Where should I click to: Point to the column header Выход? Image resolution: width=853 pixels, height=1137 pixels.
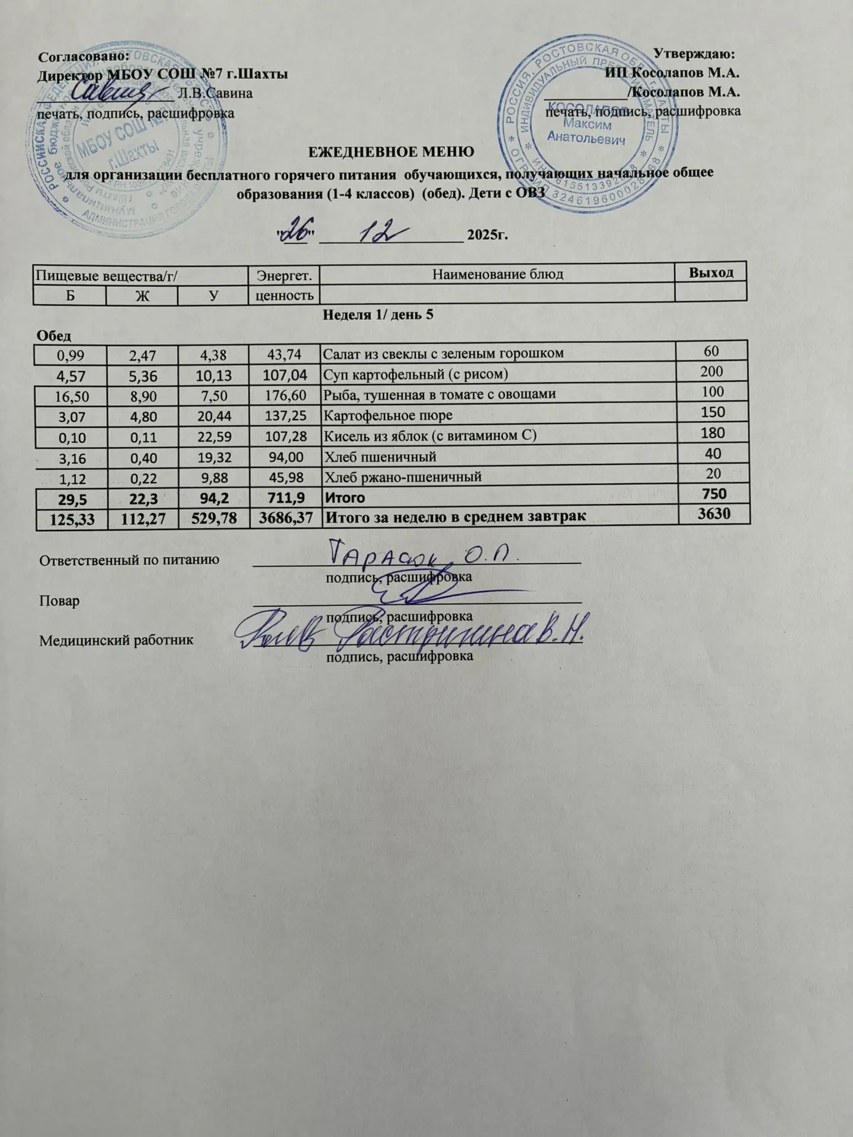pos(711,273)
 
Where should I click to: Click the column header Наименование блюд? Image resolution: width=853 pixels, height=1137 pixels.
pos(498,274)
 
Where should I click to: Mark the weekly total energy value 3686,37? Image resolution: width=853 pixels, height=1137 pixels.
pos(283,517)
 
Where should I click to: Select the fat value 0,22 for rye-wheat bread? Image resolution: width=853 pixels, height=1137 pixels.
pos(142,477)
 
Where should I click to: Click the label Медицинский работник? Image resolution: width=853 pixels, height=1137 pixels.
pos(116,640)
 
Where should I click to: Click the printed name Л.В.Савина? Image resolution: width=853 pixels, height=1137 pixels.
pos(215,93)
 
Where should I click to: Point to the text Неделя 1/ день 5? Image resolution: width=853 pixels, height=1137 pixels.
pos(378,314)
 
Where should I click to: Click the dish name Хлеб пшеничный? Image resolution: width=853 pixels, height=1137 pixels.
pos(379,457)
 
